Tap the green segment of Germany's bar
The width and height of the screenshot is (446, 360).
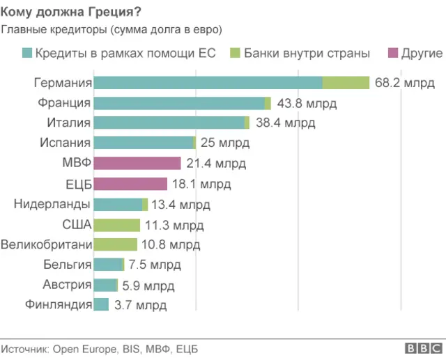tap(346, 83)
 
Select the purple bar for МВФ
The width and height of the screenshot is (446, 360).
tap(137, 163)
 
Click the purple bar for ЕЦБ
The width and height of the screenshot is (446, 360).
tap(130, 184)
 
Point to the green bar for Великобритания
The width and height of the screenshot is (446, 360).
tap(115, 244)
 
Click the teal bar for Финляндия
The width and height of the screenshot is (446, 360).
tap(101, 304)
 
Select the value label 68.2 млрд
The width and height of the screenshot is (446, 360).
tap(405, 83)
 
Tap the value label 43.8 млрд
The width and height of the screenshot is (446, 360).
tap(307, 103)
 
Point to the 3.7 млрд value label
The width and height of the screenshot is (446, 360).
tap(140, 305)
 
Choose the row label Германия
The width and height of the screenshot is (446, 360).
tap(63, 83)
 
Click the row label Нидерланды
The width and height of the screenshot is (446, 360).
tap(52, 204)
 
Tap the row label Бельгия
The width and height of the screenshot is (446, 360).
tap(67, 265)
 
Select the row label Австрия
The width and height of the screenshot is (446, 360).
tap(67, 285)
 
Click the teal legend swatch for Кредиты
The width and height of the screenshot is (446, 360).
tap(28, 54)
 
